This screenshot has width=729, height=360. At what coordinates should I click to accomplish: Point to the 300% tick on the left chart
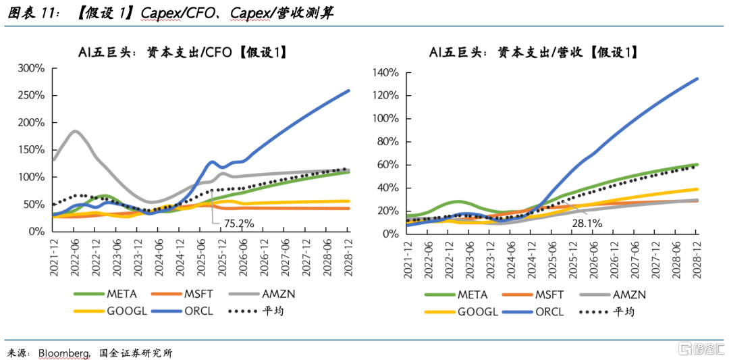(31, 68)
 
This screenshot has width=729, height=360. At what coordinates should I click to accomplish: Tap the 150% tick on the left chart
(31, 150)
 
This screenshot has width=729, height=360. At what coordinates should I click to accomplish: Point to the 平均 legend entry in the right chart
(624, 311)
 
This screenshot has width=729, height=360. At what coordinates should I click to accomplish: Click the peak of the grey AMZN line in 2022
(75, 131)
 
